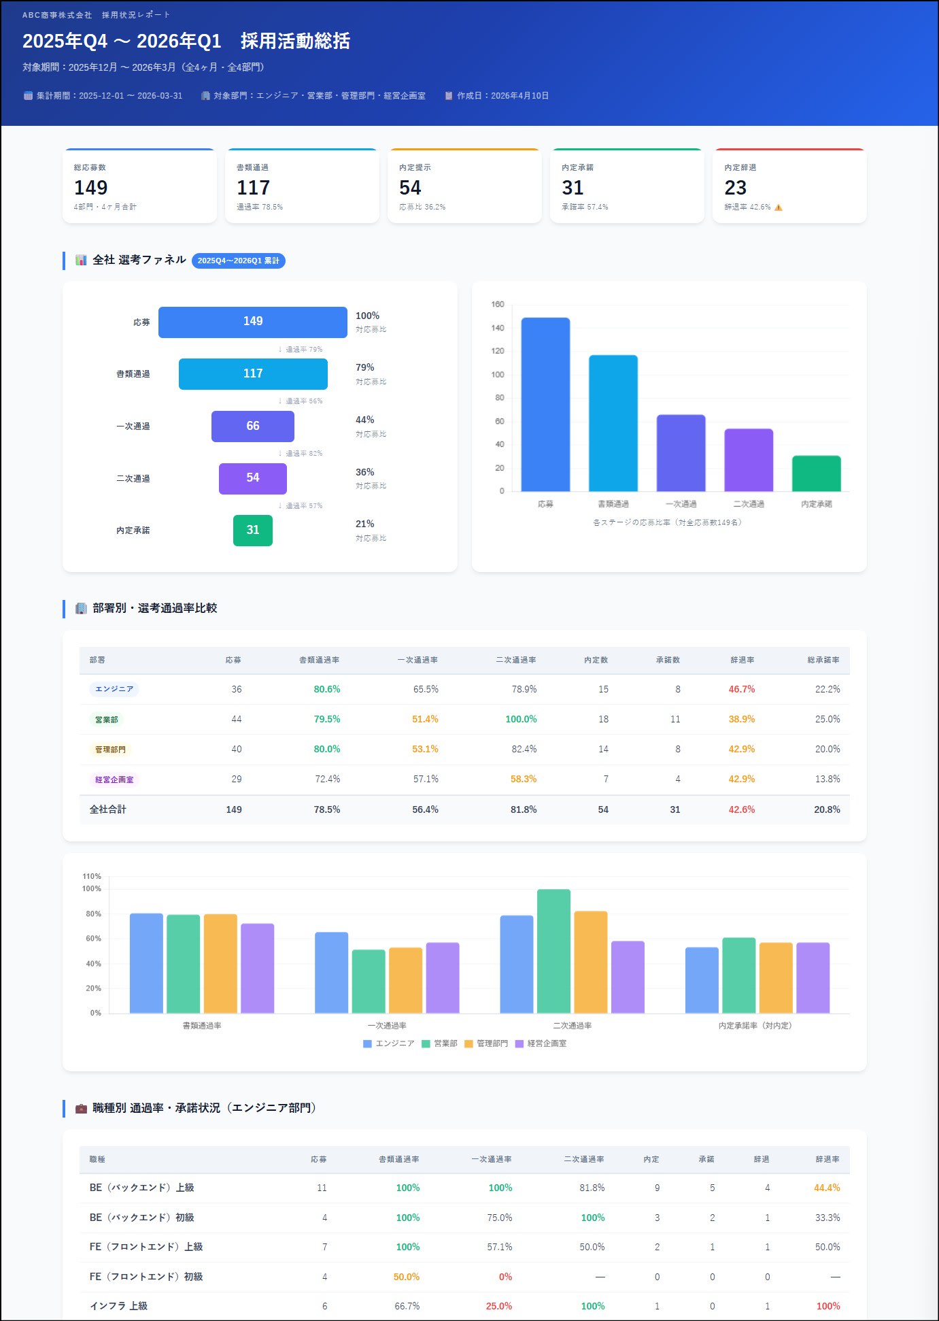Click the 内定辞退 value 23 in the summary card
735,188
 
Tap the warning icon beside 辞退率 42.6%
779,207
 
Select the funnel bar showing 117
253,373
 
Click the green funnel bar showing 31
253,530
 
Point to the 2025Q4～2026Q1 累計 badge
238,261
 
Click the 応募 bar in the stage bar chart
545,404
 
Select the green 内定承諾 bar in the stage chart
816,473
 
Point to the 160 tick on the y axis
498,304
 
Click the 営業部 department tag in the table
106,719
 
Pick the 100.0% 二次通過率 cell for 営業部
521,719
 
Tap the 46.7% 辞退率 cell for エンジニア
741,689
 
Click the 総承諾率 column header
823,660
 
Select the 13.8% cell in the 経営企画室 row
827,779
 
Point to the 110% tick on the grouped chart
92,876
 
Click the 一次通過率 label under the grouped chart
387,1026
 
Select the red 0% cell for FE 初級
505,1277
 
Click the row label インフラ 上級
118,1306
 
